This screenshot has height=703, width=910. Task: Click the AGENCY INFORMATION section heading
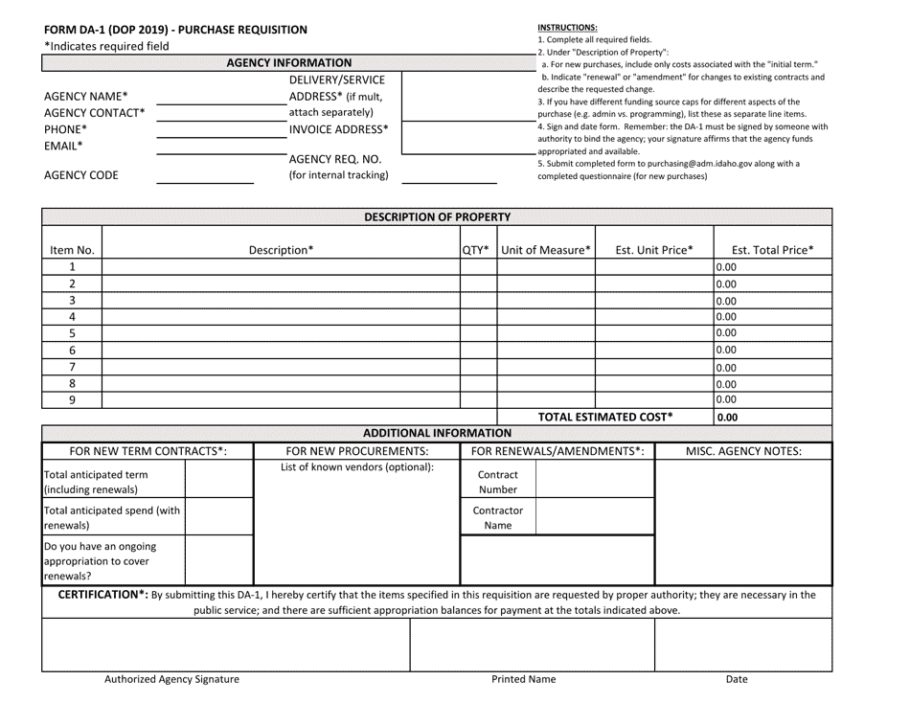coord(288,63)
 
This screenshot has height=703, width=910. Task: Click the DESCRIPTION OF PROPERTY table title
coord(438,216)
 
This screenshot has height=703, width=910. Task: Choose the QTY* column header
coord(476,251)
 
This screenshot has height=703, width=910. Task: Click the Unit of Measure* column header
coord(546,251)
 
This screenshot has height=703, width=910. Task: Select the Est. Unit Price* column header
coord(654,251)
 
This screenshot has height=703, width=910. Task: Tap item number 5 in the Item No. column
coord(72,333)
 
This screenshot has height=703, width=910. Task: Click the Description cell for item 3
coord(281,300)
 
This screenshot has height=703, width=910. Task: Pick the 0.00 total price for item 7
coord(727,367)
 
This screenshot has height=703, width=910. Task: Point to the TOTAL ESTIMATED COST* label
coord(605,417)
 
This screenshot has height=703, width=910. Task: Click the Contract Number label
coord(497,483)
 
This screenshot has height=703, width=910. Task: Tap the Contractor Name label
coord(497,518)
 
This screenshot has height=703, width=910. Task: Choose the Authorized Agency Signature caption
coord(171,680)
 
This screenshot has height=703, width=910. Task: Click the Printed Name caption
coord(523,680)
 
